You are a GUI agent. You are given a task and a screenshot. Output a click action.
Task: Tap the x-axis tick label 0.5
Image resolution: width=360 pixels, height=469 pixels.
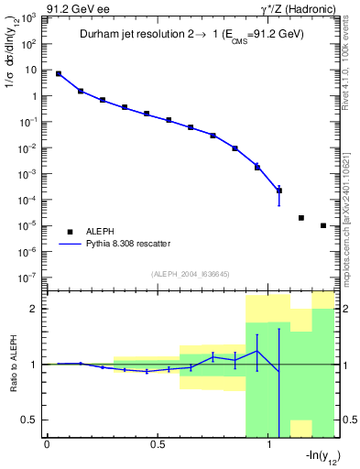158,447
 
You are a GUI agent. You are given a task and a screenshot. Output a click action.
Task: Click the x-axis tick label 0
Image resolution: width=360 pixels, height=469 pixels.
47,447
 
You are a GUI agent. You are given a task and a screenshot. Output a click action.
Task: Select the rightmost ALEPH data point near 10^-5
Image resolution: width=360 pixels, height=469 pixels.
323,225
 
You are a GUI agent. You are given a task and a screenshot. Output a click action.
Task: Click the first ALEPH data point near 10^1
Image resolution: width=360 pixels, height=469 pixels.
59,73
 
